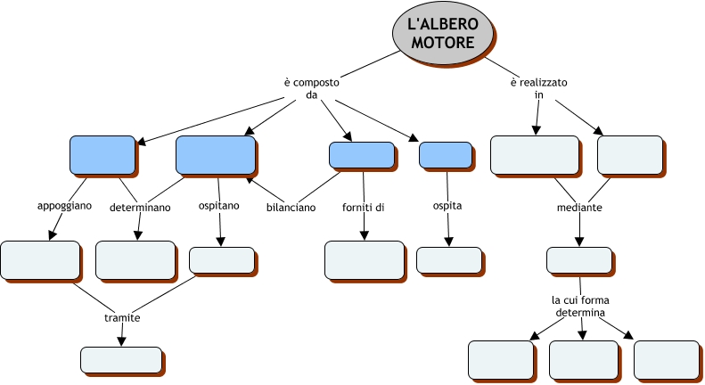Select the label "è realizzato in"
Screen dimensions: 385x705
tap(538, 88)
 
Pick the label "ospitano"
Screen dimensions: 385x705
tap(218, 207)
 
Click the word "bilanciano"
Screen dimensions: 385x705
tap(291, 209)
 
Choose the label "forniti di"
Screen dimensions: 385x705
tap(363, 208)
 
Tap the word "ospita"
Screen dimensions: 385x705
tap(447, 207)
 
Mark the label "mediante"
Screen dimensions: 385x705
tap(579, 208)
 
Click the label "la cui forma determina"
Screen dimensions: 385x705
tap(580, 307)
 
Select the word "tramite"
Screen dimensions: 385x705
tap(121, 317)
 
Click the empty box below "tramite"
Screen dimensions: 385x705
tap(120, 359)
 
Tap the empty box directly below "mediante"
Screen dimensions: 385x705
tap(578, 259)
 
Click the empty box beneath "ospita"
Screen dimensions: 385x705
tap(448, 258)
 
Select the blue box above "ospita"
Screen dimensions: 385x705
tap(445, 155)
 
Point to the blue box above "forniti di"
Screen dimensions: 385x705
tap(361, 155)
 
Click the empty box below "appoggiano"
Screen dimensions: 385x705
tap(40, 259)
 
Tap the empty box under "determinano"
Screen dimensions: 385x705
tap(135, 259)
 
